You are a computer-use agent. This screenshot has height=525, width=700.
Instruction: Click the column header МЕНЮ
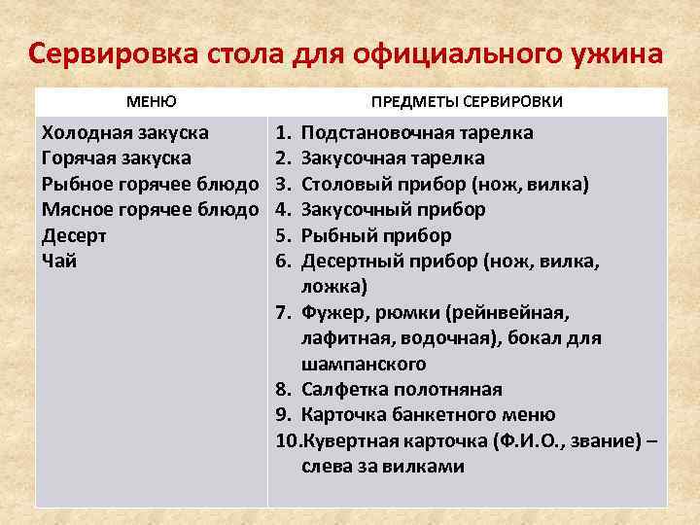click(151, 101)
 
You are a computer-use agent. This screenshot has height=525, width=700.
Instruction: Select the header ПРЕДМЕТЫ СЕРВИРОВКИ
click(467, 101)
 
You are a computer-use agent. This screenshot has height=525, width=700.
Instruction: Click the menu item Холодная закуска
click(125, 132)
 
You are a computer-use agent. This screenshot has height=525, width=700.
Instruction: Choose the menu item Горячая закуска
click(118, 157)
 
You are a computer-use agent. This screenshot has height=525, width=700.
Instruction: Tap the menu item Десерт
click(75, 235)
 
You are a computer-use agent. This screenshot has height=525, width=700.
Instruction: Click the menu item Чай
click(58, 261)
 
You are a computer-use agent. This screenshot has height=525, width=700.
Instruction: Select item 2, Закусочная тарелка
click(394, 157)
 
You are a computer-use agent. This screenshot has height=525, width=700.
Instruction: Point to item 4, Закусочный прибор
click(394, 209)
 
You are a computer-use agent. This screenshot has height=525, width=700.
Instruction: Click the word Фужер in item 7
click(329, 313)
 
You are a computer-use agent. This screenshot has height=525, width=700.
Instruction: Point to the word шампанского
click(364, 365)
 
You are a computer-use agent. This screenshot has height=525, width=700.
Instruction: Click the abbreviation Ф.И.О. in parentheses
click(531, 441)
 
